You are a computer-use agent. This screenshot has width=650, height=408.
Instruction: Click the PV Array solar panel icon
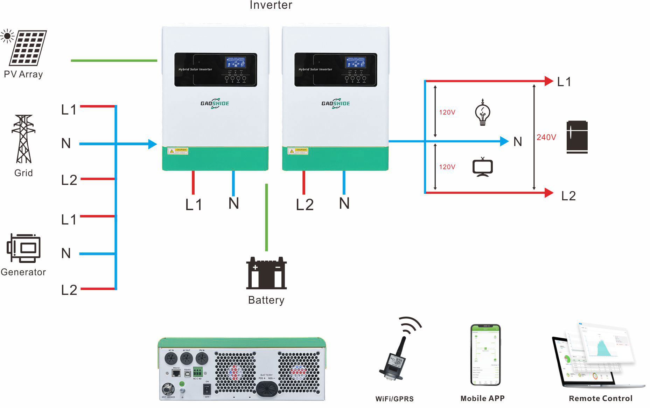[x=27, y=48]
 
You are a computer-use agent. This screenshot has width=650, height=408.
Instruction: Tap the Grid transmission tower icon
[x=23, y=139]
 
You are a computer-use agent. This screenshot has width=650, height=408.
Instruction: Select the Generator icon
[x=23, y=248]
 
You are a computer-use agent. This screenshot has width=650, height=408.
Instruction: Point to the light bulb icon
[x=482, y=112]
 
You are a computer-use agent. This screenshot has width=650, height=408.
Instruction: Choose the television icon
[x=482, y=167]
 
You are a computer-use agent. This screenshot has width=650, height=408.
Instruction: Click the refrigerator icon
[x=577, y=137]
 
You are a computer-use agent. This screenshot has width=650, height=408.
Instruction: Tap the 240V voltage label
[x=546, y=137]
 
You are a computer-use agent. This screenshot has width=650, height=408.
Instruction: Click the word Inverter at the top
[x=271, y=5]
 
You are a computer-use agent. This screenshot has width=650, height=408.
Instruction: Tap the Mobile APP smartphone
[x=485, y=355]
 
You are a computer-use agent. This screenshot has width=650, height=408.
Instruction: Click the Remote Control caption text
[x=600, y=398]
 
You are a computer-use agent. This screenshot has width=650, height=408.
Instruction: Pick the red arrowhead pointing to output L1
[x=548, y=81]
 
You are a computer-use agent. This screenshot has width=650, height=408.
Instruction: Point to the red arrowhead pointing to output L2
[x=548, y=193]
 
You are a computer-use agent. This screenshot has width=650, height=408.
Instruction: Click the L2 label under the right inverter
[x=305, y=205]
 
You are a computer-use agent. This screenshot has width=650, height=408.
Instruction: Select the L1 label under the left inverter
[x=194, y=205]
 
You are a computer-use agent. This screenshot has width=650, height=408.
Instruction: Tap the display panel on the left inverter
[x=216, y=70]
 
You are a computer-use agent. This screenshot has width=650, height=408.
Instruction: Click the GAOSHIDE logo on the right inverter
[x=335, y=103]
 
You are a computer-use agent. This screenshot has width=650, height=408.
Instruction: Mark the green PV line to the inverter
[x=114, y=61]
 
